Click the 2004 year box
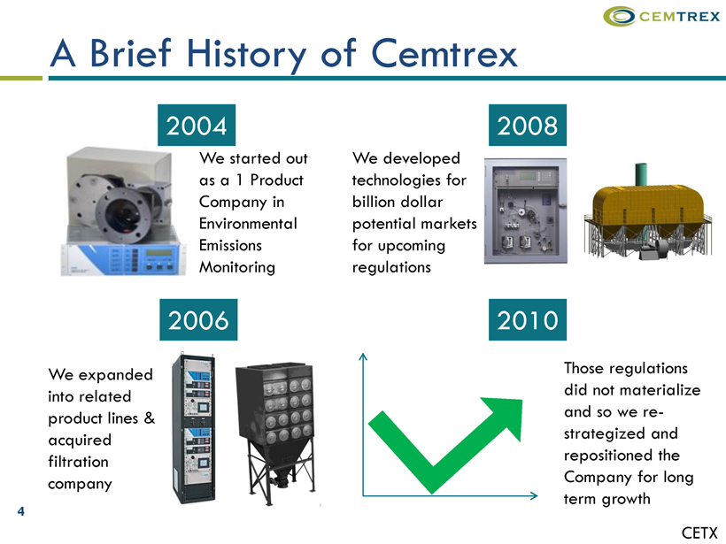pos(197,125)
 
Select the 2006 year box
pos(198,319)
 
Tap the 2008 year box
pos(528,125)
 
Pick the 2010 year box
pos(528,319)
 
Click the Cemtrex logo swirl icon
pos(619,16)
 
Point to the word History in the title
pos(246,55)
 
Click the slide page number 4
pos(21,511)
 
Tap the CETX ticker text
pos(699,533)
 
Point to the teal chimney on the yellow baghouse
pos(640,175)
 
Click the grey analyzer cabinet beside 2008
pos(526,211)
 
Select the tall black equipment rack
pos(194,428)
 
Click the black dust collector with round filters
pos(275,433)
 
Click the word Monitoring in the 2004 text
pos(237,268)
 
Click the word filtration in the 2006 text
pos(78,462)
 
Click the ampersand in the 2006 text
pos(149,418)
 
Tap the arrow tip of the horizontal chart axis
pos(537,495)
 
